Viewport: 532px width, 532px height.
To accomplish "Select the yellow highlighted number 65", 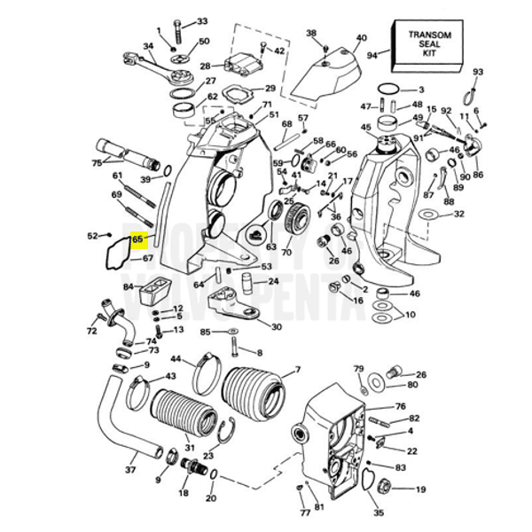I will [137, 239].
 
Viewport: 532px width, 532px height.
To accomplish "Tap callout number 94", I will [372, 55].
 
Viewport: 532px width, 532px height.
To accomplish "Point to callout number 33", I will [202, 21].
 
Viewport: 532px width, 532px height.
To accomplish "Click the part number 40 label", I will [361, 38].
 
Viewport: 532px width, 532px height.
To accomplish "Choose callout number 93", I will [478, 72].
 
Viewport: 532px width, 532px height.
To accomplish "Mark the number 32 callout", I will [458, 214].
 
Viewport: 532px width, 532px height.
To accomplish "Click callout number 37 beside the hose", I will [130, 470].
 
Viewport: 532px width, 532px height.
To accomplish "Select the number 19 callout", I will [420, 489].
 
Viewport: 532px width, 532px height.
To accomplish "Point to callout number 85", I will [206, 333].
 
